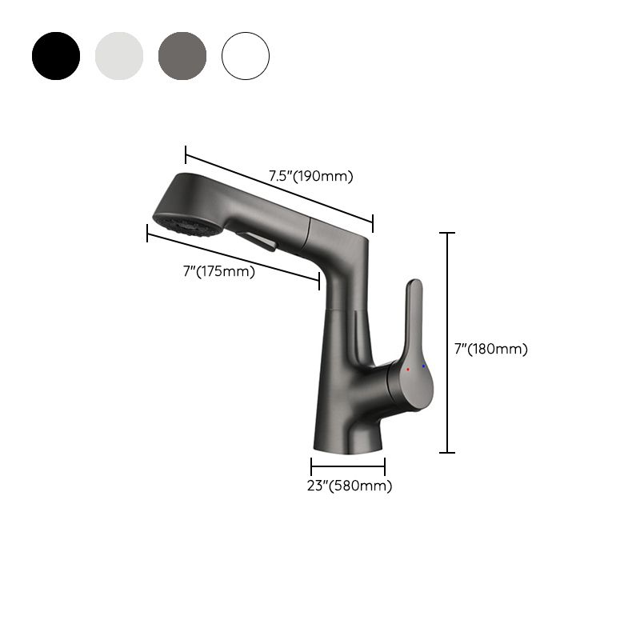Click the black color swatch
56,56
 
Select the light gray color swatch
119,56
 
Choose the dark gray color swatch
182,56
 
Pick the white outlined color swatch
246,56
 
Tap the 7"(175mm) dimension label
218,272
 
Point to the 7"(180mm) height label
490,349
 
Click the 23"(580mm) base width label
350,486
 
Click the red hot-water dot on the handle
408,370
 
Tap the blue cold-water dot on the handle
423,366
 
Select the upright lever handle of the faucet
414,320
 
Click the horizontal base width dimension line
348,466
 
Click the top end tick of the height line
447,233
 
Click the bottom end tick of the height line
447,453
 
